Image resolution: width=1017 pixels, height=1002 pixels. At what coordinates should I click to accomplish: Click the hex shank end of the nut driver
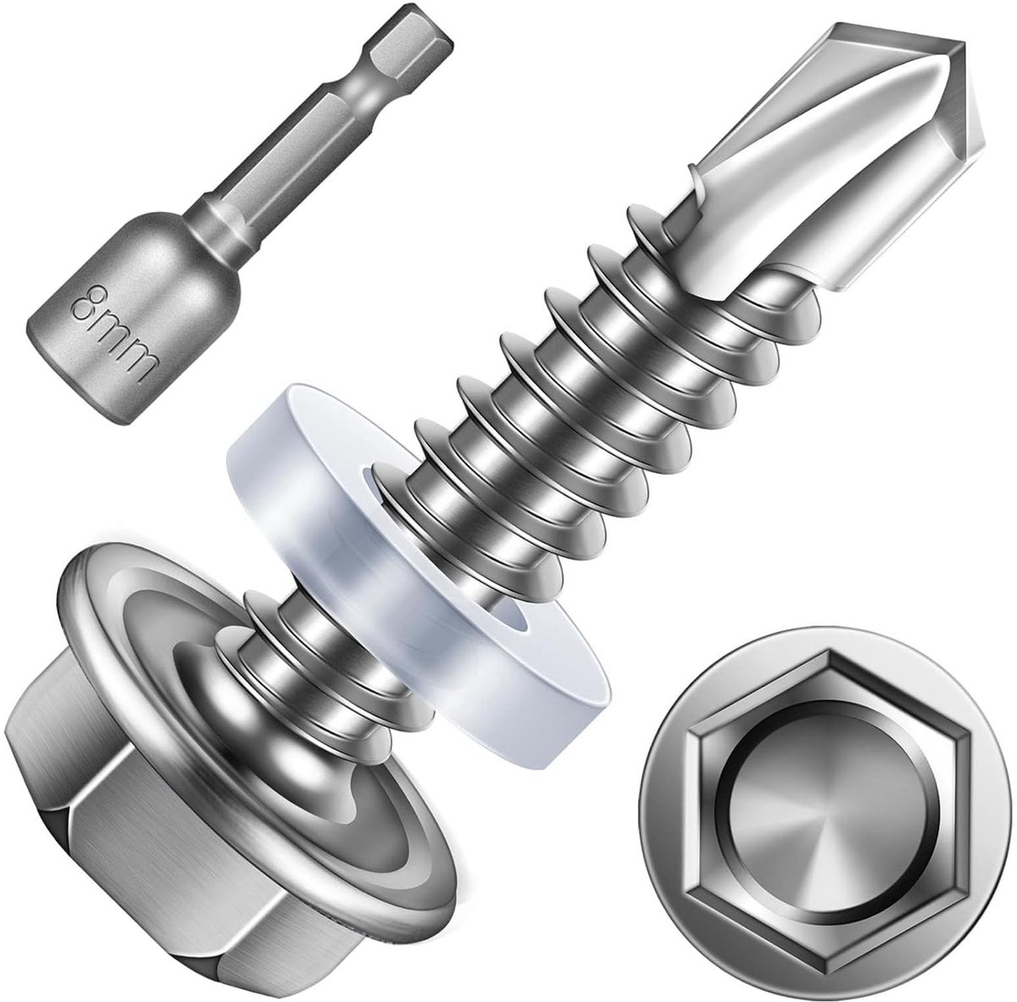pos(416,48)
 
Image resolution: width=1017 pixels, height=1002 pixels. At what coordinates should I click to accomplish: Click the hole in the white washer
pos(508,619)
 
